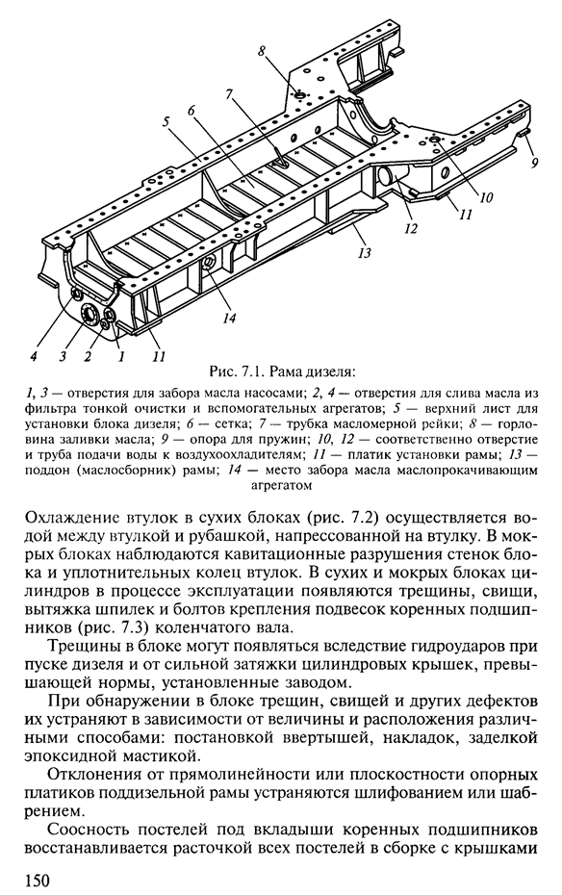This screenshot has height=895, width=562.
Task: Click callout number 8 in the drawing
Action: click(x=262, y=50)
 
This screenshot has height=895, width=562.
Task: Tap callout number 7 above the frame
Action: click(x=230, y=94)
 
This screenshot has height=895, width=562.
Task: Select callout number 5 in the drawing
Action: click(x=166, y=121)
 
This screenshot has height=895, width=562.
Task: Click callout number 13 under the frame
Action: click(x=365, y=252)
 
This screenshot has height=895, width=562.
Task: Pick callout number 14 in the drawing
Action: click(x=229, y=318)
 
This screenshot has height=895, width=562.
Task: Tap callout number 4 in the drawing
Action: click(x=34, y=356)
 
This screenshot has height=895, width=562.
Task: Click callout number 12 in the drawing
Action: click(x=411, y=228)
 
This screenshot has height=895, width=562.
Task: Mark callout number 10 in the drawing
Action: click(x=486, y=197)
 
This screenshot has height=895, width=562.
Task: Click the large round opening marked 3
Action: click(x=89, y=314)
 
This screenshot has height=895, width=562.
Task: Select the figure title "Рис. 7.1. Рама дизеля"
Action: click(x=282, y=373)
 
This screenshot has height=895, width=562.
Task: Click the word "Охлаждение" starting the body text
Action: click(x=70, y=519)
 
